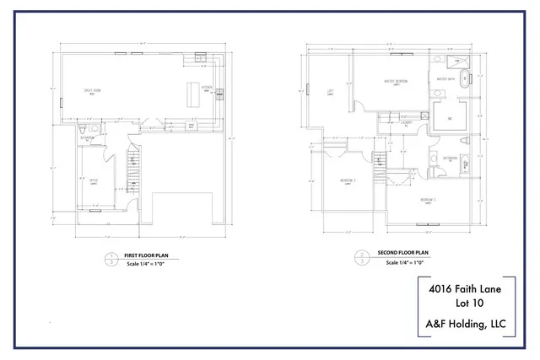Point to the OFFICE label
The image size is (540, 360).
pos(94,178)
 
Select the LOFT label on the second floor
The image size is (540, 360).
pos(331,92)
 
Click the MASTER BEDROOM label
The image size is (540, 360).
pos(396,81)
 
